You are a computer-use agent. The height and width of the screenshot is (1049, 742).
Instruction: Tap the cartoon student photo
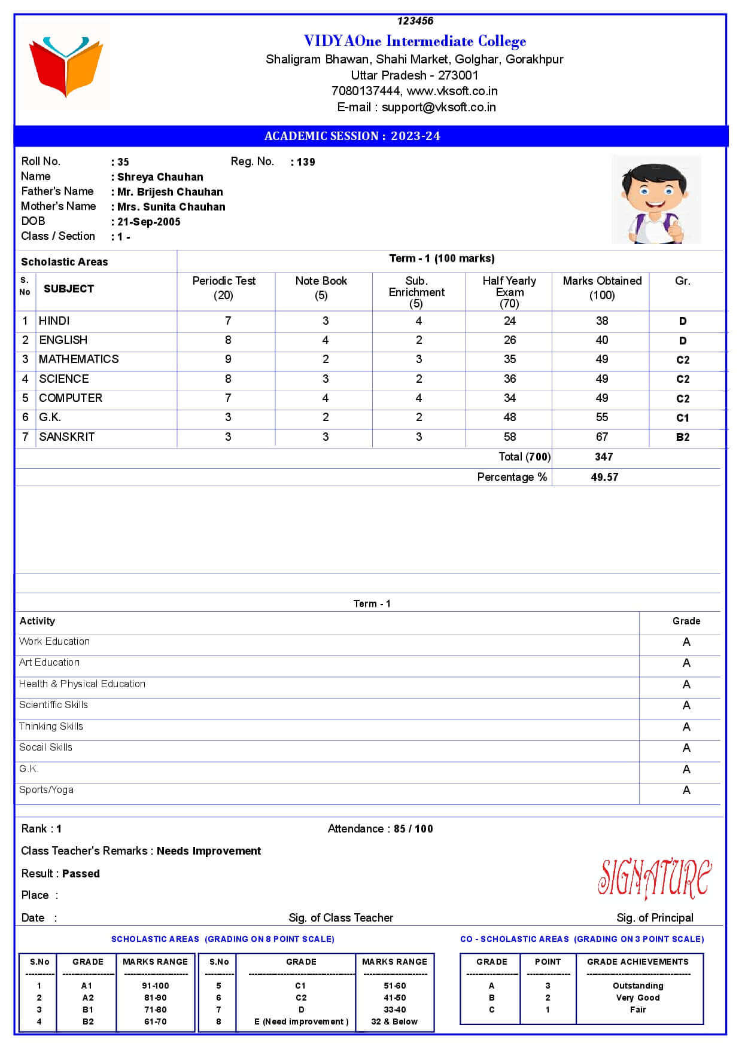656,200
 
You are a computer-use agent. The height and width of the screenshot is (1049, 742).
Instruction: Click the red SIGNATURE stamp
655,878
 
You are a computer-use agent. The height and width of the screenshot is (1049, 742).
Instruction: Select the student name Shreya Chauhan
160,177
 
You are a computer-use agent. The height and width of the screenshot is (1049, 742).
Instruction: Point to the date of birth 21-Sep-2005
149,222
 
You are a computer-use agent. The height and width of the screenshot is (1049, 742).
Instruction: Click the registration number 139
306,162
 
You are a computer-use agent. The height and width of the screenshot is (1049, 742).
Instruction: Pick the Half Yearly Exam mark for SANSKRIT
509,437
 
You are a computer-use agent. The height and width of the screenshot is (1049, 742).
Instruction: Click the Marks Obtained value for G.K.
601,417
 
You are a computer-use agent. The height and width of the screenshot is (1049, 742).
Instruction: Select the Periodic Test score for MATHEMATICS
227,359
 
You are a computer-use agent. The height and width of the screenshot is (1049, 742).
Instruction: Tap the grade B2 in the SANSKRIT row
682,437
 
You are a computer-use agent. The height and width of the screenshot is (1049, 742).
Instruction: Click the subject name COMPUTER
71,398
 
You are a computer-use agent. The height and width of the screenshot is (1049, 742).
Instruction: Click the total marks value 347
604,457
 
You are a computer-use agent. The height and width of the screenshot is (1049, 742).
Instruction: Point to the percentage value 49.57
604,477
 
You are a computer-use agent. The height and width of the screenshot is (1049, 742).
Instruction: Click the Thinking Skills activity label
51,727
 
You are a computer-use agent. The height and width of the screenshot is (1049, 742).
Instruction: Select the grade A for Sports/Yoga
686,791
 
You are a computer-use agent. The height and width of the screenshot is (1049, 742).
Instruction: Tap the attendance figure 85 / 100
413,829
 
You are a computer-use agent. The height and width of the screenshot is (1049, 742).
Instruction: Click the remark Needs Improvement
209,851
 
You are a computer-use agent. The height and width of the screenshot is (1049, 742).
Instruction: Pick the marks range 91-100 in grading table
155,986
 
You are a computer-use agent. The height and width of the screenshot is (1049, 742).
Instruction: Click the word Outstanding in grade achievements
638,986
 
